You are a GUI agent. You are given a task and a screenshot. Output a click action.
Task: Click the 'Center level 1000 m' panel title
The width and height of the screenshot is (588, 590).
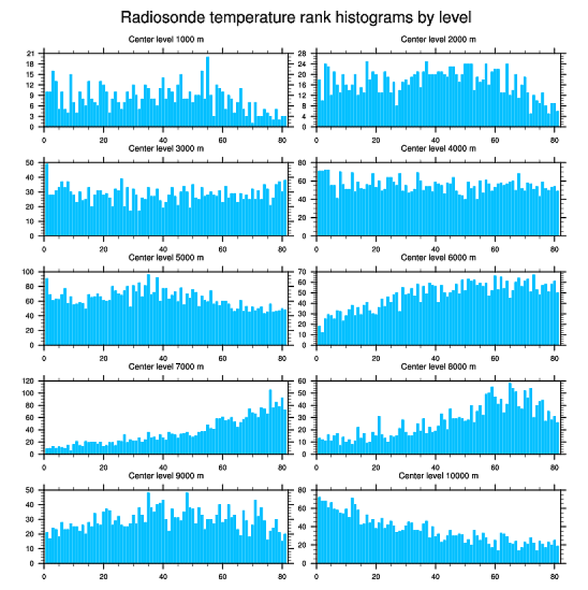pyautogui.click(x=165, y=39)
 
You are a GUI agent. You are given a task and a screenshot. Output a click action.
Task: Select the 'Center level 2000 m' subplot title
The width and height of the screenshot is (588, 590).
pyautogui.click(x=438, y=39)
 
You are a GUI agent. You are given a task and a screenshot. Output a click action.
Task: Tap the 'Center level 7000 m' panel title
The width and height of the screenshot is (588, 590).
pyautogui.click(x=165, y=367)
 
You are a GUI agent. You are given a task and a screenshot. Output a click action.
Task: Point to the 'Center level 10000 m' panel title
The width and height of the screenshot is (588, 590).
pyautogui.click(x=438, y=475)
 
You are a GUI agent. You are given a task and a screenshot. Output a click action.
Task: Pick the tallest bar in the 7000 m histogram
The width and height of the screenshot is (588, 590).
pyautogui.click(x=270, y=422)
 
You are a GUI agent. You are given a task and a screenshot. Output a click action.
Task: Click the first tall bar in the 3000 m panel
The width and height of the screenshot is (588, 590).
pyautogui.click(x=46, y=200)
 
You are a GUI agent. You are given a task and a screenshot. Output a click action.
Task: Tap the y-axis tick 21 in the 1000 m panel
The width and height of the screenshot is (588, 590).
pyautogui.click(x=30, y=54)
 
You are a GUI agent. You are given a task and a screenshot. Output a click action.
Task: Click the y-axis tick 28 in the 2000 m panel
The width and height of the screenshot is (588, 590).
pyautogui.click(x=302, y=54)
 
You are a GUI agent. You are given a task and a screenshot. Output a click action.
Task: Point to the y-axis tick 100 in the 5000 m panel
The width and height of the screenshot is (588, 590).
pyautogui.click(x=29, y=272)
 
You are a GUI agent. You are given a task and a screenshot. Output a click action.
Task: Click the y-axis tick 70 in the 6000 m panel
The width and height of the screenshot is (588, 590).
pyautogui.click(x=302, y=272)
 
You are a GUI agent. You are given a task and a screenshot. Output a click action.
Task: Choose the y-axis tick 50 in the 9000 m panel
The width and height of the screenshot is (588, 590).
pyautogui.click(x=30, y=490)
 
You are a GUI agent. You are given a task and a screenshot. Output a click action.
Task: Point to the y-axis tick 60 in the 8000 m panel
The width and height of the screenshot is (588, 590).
pyautogui.click(x=302, y=382)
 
